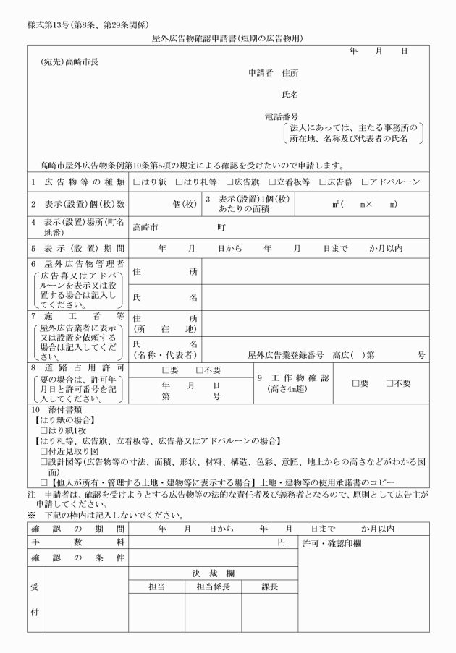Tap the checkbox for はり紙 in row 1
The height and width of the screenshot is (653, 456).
(x=138, y=182)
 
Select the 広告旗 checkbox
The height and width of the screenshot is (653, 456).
(x=229, y=182)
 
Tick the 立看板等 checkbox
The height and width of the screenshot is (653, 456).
(x=271, y=182)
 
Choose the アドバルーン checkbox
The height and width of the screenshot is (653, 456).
(x=365, y=182)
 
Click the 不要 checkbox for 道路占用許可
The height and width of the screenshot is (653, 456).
(x=200, y=371)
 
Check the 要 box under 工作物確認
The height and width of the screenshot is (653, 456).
(x=355, y=383)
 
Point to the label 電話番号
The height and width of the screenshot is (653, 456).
(x=282, y=116)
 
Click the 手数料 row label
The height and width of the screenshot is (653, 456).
(x=78, y=542)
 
